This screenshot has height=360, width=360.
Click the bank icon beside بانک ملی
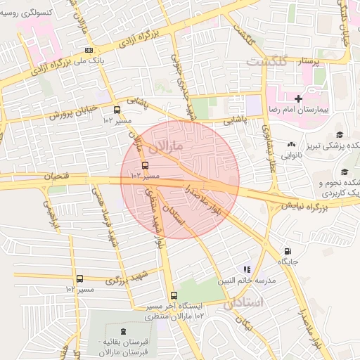tap(89, 50)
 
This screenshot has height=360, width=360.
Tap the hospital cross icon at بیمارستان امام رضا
tap(299, 99)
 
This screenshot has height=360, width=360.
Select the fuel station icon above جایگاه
tap(287, 252)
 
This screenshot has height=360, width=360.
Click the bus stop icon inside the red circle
tap(145, 165)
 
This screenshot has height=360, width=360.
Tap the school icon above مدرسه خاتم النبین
tap(247, 269)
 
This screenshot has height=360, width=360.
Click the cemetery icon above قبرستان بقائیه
tap(124, 331)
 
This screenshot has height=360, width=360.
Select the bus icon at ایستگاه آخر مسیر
tap(174, 296)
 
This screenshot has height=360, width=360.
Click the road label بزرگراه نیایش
tap(305, 207)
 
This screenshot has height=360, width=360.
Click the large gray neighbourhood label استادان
tap(246, 302)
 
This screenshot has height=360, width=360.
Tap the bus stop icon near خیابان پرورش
tap(117, 110)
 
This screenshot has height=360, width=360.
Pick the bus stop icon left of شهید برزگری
tap(79, 278)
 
